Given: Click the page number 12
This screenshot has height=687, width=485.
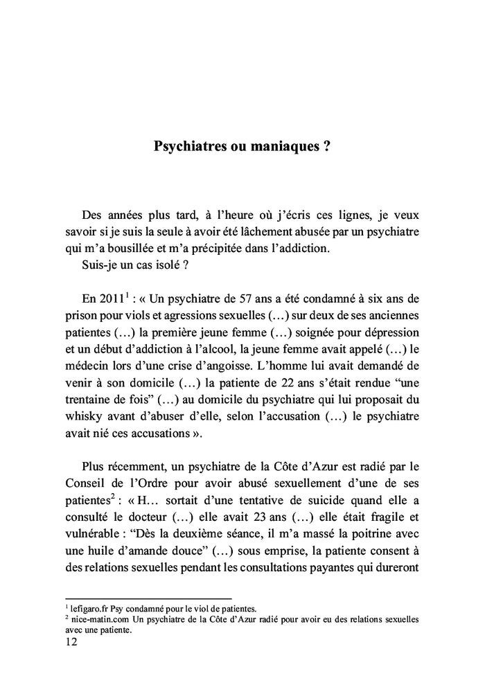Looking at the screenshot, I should [x=71, y=641].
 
